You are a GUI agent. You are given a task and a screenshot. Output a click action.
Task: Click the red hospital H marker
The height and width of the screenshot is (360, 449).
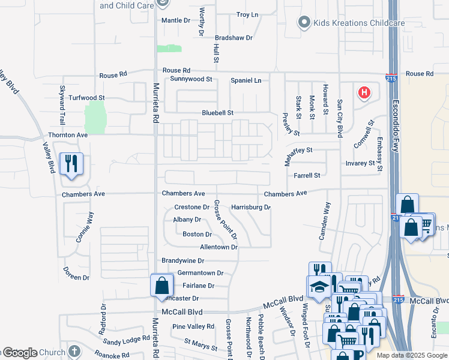pos(363,93)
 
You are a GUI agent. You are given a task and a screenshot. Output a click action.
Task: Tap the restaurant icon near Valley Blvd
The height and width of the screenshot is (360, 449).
pos(71,164)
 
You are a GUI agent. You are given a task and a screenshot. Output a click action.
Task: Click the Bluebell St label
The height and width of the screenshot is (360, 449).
pos(217,113)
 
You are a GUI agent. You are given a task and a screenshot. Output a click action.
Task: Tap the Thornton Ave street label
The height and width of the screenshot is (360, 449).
pos(68,135)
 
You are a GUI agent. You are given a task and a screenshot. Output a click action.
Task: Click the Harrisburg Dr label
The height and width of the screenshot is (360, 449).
pos(250,208)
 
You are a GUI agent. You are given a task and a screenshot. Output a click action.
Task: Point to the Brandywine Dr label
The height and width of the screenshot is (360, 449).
pos(183,261)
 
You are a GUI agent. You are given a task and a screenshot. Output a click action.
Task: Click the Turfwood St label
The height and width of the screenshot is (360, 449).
pos(86,97)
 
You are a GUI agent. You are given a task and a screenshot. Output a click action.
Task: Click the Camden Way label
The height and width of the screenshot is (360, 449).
pos(325,221)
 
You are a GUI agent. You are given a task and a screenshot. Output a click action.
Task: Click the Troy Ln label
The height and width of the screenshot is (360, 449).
pos(247,14)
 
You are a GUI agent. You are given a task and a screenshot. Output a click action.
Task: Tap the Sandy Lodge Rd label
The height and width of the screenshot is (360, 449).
pos(126,340)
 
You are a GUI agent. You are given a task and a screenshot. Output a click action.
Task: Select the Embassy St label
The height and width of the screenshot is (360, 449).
pos(379,154)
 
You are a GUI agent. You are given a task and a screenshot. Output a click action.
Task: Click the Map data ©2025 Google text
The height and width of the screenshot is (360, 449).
pos(412,355)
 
